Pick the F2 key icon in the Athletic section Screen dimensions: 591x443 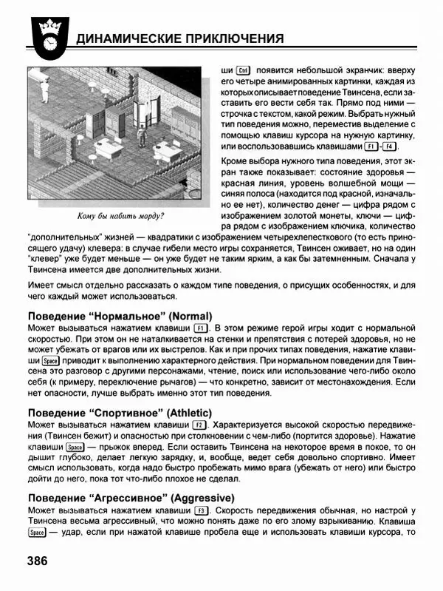click(x=197, y=425)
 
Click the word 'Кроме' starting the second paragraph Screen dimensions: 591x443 click(x=237, y=161)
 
